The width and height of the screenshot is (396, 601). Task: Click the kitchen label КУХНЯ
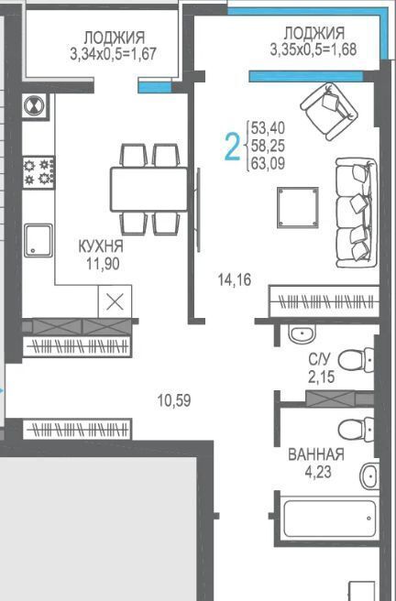[101, 246]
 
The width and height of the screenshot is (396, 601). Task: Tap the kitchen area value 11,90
[103, 264]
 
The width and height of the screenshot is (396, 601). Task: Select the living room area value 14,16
[235, 279]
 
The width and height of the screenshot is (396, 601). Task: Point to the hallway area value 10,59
[174, 400]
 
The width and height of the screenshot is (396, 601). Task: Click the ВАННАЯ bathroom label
[316, 454]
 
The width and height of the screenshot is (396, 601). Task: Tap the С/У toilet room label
[319, 359]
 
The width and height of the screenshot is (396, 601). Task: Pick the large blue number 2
[232, 146]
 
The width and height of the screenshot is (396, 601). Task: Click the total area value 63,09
[268, 164]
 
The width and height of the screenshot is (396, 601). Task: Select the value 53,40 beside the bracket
[268, 127]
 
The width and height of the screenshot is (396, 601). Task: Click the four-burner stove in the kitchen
[38, 173]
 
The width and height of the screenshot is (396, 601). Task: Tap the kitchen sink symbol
[38, 240]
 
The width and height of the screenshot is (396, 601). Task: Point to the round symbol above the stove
[35, 105]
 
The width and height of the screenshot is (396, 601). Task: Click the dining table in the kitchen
[149, 190]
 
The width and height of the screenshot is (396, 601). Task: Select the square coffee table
[298, 207]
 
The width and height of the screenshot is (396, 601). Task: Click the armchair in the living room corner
[329, 111]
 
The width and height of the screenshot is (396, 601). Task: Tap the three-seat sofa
[357, 213]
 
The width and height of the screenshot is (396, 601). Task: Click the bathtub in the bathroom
[329, 519]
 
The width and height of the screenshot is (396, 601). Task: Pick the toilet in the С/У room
[357, 360]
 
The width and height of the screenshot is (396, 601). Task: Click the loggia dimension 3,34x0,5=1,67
[114, 53]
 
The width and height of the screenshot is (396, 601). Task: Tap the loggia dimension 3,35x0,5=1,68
[313, 49]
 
